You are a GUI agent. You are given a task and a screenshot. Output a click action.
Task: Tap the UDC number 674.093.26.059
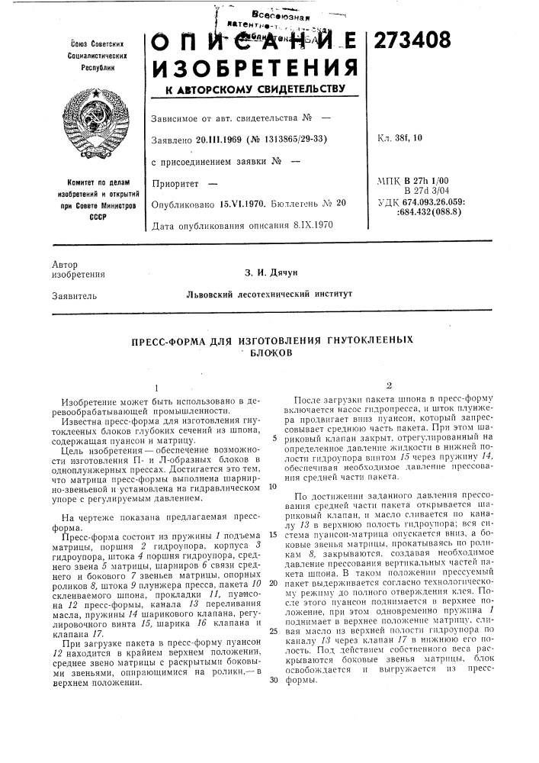[x=461, y=202]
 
